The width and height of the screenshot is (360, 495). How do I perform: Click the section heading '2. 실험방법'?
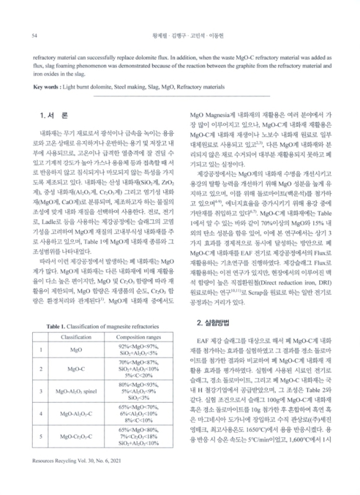tap(217, 322)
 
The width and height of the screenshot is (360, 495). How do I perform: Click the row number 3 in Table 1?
tap(41, 392)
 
